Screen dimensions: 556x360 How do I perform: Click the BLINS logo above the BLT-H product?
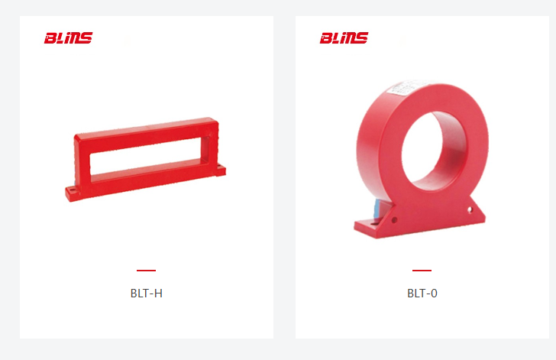[68, 38]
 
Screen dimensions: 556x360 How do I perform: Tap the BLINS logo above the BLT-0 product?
[344, 38]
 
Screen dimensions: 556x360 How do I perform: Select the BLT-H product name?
[147, 294]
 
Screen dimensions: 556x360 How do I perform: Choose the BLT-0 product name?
[422, 294]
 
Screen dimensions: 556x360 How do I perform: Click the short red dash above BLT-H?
[146, 271]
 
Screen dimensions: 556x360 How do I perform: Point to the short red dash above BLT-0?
[422, 271]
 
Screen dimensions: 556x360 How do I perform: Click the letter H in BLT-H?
[159, 294]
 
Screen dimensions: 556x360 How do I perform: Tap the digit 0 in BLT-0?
[434, 294]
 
